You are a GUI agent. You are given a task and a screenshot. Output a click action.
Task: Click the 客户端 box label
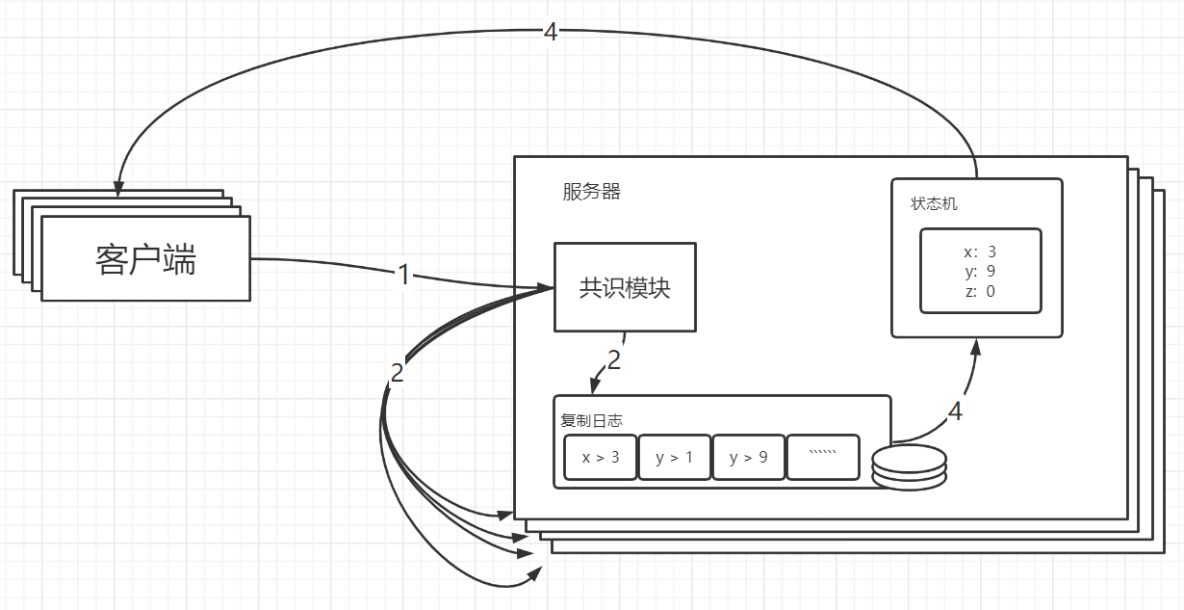pos(145,259)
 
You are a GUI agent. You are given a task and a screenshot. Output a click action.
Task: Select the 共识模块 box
pos(624,287)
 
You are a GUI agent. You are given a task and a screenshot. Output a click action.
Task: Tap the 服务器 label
pos(591,192)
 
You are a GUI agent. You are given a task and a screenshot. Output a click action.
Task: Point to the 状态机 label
pos(934,204)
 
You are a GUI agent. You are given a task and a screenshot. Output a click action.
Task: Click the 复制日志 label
pos(591,420)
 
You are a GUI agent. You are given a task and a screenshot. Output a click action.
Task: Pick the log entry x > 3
pos(600,458)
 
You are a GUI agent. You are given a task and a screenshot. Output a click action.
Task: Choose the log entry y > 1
pos(674,458)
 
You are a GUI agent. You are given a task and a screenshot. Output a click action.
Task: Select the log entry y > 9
pos(748,458)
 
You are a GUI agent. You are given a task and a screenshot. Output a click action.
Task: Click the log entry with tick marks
pos(823,457)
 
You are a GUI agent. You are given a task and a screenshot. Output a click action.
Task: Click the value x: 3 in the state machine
pos(980,252)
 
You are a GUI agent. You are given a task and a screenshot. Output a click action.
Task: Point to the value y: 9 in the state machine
pos(980,272)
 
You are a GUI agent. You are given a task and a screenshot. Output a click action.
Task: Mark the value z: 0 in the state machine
pos(980,291)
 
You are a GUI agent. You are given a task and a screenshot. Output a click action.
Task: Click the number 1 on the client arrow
pos(404,275)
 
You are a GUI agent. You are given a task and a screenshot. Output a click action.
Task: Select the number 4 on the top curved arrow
pos(550,32)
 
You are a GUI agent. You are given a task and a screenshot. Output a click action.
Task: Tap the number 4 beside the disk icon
pos(955,412)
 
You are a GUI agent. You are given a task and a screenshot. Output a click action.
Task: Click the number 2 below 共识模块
pos(613,361)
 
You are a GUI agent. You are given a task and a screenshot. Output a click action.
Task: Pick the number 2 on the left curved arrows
pos(397,374)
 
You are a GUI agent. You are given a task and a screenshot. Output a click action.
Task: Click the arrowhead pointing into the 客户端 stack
pos(119,189)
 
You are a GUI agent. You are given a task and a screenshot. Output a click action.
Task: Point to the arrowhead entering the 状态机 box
pos(976,347)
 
